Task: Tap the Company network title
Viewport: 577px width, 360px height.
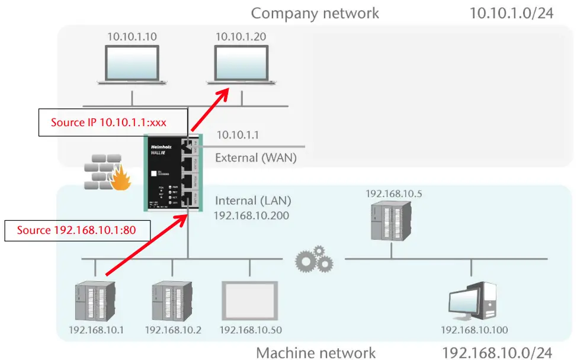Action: pyautogui.click(x=315, y=13)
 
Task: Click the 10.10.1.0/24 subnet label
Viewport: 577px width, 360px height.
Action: pyautogui.click(x=511, y=13)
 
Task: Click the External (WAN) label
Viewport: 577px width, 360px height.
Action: pyautogui.click(x=255, y=158)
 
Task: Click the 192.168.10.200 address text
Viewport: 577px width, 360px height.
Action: pyautogui.click(x=251, y=216)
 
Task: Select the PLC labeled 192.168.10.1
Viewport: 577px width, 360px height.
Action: pyautogui.click(x=95, y=302)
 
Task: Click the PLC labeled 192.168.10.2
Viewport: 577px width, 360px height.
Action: pyautogui.click(x=172, y=302)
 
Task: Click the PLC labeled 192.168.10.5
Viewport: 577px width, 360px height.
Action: pyautogui.click(x=390, y=220)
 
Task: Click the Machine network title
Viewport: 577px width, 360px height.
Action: pyautogui.click(x=315, y=353)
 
